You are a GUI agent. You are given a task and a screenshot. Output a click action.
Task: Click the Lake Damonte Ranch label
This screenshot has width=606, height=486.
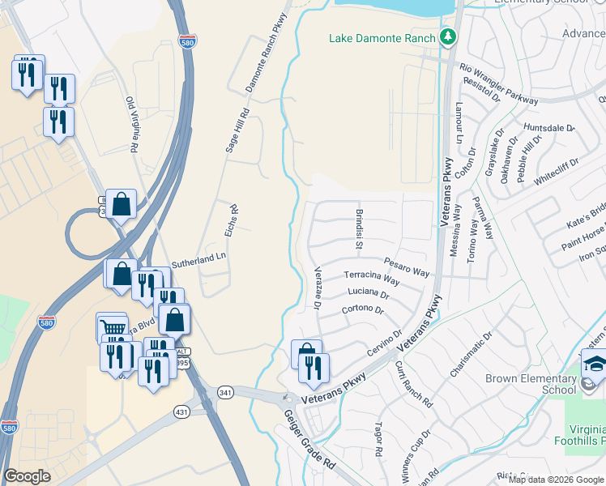[382, 37]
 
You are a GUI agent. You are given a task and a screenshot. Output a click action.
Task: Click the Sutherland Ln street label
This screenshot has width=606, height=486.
[198, 258]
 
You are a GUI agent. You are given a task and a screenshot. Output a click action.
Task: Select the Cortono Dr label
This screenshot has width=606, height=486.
[362, 309]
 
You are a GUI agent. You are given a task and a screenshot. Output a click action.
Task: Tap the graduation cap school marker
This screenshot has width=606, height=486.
[595, 364]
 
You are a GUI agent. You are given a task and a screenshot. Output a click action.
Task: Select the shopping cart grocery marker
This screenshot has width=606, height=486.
[112, 328]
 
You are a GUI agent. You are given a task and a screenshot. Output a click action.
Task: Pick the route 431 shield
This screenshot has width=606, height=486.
[180, 412]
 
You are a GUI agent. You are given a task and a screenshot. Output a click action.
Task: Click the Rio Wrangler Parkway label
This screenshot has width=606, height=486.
[498, 86]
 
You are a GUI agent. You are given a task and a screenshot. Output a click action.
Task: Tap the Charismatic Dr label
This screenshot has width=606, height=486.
[471, 353]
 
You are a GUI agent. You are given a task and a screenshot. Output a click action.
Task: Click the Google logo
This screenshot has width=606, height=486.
[27, 476]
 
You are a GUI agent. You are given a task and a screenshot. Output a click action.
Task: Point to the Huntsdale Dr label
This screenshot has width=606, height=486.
[548, 128]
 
